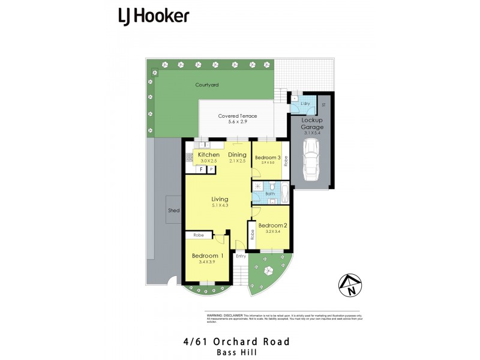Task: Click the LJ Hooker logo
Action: [154, 16]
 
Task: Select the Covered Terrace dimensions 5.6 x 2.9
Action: [238, 122]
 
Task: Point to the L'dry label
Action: [304, 104]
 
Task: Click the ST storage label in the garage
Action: [323, 105]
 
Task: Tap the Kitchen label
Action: [200, 155]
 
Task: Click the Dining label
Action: [237, 155]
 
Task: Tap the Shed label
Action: [173, 211]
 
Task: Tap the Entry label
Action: [241, 256]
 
